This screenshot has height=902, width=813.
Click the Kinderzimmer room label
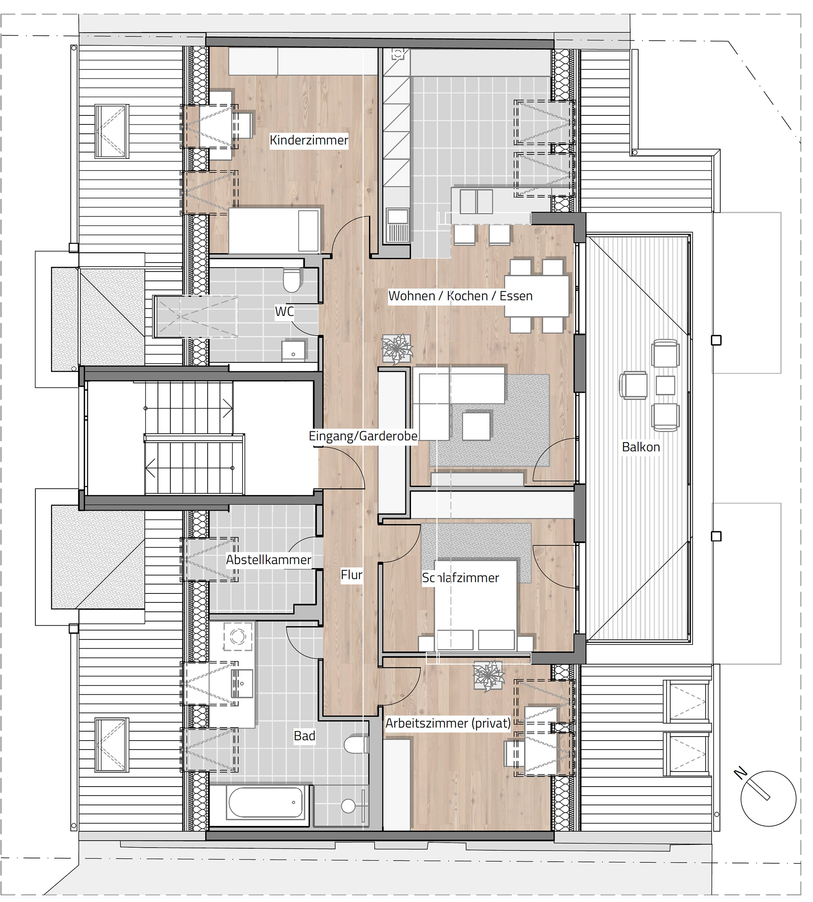[x=309, y=140]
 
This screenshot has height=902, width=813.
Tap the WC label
[x=285, y=311]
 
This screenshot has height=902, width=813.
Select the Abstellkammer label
[x=268, y=560]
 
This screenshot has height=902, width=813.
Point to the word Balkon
[x=641, y=447]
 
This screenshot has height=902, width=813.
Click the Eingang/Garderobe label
[x=363, y=436]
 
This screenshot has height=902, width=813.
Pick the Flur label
[x=352, y=575]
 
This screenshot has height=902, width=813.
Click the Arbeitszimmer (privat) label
[x=448, y=723]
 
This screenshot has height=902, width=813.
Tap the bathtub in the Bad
[x=265, y=803]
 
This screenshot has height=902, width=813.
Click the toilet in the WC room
[x=292, y=280]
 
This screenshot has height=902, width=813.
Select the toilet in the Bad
[x=356, y=745]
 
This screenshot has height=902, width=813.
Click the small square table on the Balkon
[x=665, y=385]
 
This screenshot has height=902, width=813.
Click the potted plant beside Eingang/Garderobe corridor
[x=397, y=348]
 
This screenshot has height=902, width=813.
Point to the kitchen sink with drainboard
[x=398, y=226]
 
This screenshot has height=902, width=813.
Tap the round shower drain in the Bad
[x=348, y=806]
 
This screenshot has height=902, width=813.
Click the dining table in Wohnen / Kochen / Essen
[x=537, y=296]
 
